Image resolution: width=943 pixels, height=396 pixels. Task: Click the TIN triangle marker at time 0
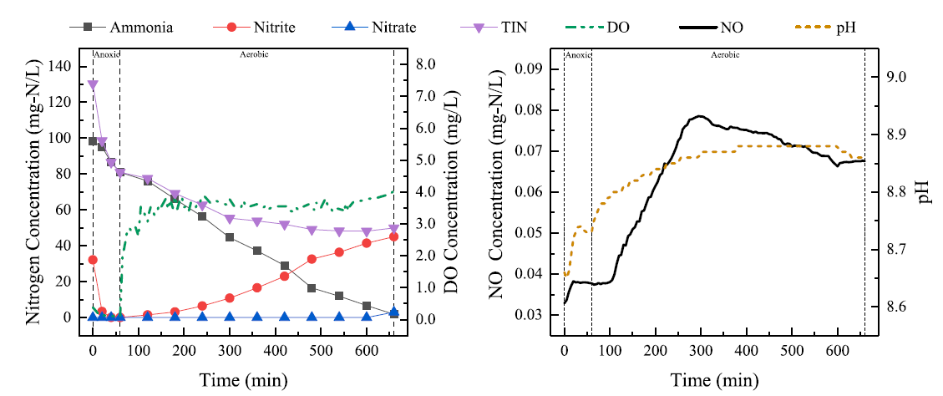point(93,85)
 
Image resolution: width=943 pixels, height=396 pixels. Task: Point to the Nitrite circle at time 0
point(93,260)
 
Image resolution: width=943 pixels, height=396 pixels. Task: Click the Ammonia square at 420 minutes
point(285,266)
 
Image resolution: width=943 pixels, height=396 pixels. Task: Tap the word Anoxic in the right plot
point(578,55)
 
